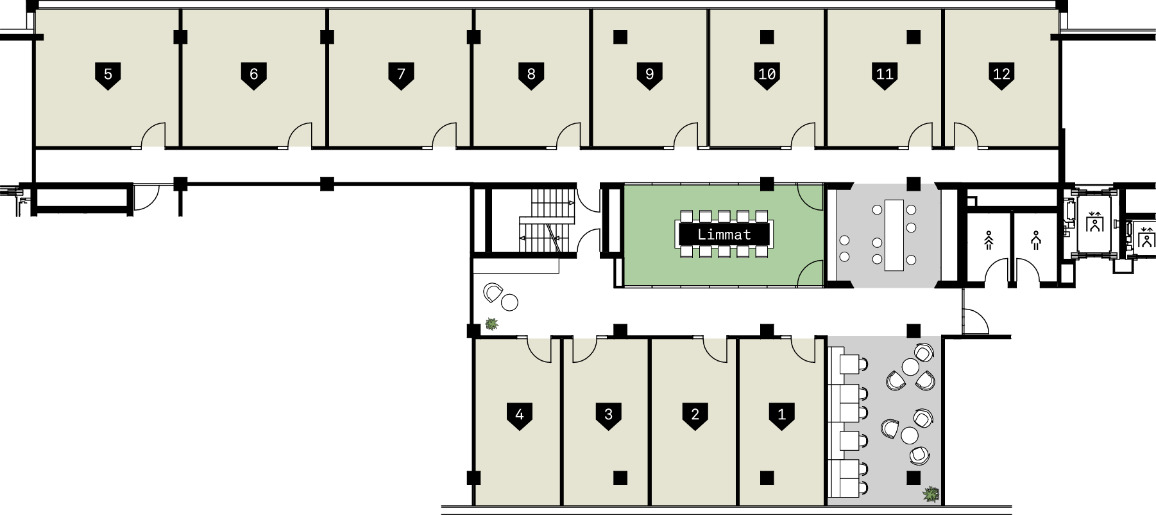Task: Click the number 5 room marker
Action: coord(108,74)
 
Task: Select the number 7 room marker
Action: coord(401,74)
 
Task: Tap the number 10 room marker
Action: coord(767,74)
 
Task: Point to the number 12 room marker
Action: coord(1001,74)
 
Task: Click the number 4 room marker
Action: coord(520,415)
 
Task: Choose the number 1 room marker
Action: coord(781,415)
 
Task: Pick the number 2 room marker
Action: coord(695,415)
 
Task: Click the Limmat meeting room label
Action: coord(724,234)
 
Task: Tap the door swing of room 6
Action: coord(301,135)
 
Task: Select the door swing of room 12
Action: coord(965,135)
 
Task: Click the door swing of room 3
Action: coord(584,350)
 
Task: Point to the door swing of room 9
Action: coord(686,135)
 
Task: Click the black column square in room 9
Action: coord(620,37)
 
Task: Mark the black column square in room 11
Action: coord(913,37)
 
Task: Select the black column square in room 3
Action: coord(620,478)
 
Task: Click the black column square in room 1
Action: coord(767,478)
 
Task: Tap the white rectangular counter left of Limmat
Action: coord(516,266)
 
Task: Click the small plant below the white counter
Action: coord(491,324)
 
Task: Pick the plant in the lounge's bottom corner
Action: coord(931,494)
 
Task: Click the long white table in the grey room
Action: coord(894,235)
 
